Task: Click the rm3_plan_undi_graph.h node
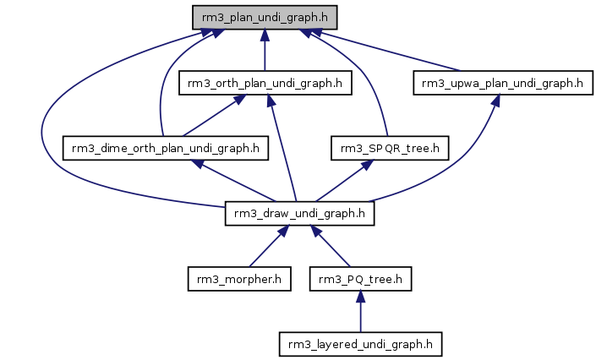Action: (265, 17)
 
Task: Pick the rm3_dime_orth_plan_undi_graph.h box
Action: (166, 149)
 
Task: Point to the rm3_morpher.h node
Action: (238, 279)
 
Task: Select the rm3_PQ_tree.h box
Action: (360, 279)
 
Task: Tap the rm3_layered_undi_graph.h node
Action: (360, 344)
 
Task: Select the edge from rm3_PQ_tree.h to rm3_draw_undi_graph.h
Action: (333, 249)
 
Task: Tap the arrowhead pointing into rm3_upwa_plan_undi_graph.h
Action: (495, 100)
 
